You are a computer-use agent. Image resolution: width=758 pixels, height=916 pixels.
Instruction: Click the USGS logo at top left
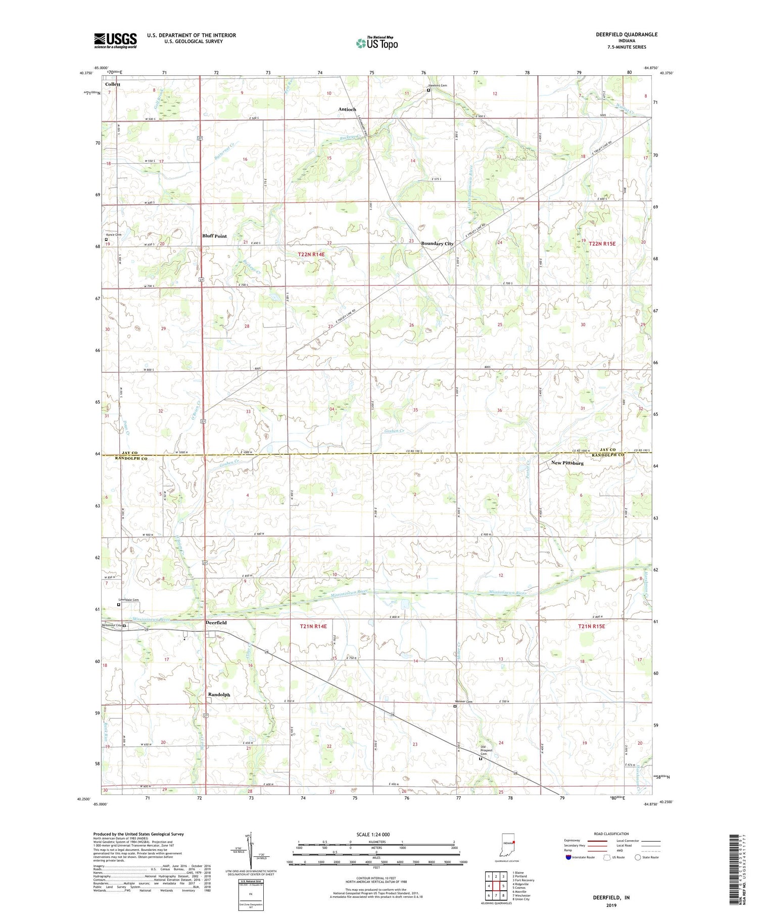coord(115,40)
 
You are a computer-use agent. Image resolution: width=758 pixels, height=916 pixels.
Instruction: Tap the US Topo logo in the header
coord(376,43)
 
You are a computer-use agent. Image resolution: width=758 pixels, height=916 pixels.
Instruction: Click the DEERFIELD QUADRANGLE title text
coord(627,34)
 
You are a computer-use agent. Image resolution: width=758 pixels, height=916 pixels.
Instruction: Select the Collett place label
coord(113,84)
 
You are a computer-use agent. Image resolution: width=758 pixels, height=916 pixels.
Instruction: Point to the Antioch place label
coord(347,110)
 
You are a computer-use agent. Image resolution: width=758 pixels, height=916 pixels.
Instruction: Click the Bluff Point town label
coord(214,236)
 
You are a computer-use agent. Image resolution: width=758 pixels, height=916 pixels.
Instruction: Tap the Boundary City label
coord(437,244)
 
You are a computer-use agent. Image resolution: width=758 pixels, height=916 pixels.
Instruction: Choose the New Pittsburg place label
coord(567,463)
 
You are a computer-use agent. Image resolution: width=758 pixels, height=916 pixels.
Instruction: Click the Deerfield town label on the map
coord(216,623)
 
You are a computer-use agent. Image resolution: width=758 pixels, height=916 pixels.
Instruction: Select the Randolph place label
coord(219,695)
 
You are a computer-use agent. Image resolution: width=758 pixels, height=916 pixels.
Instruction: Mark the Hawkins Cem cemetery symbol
coord(428,91)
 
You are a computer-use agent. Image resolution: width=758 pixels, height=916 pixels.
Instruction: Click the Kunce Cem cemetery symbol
coord(106,239)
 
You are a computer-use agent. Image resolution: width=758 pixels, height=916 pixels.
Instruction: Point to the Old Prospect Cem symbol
coord(481,758)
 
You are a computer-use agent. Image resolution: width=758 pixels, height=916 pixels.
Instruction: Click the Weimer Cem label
coord(463,702)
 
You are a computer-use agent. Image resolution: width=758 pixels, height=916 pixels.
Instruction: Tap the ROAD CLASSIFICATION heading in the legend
coord(612,834)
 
